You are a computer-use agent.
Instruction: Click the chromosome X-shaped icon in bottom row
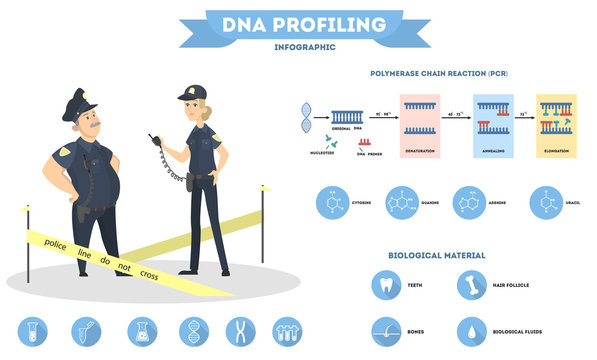tap(238, 331)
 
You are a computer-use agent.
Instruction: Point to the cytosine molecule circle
tap(333, 201)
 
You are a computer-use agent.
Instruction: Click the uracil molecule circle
tap(546, 201)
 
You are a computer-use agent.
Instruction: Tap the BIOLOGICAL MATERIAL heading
tap(436, 255)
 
